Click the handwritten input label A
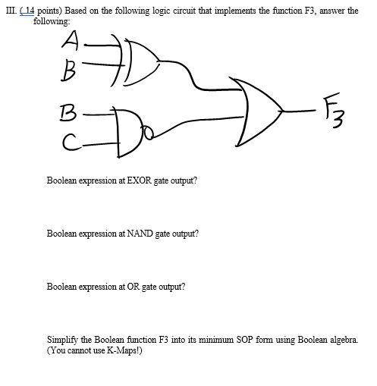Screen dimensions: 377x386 pyautogui.click(x=74, y=39)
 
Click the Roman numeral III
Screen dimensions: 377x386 pyautogui.click(x=10, y=13)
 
